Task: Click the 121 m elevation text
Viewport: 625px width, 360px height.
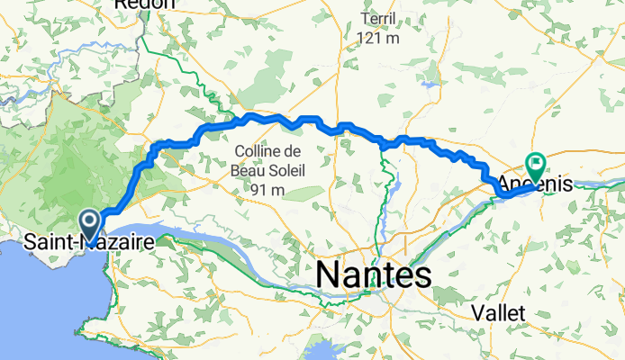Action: (378, 38)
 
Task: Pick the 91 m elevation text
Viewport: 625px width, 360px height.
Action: (269, 190)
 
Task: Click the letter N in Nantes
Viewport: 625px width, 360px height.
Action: (326, 274)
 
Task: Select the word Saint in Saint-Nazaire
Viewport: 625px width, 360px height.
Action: (48, 241)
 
